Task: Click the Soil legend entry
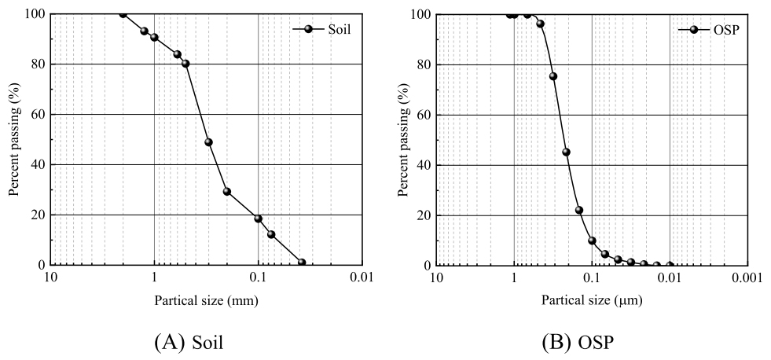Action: (x=321, y=29)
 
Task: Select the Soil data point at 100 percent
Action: (x=123, y=13)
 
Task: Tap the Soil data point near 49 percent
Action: (x=208, y=142)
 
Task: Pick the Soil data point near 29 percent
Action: (x=227, y=192)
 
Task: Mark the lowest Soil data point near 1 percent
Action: (x=302, y=263)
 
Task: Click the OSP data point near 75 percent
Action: (x=553, y=76)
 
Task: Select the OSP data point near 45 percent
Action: (x=566, y=152)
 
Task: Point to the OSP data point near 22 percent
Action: (x=579, y=210)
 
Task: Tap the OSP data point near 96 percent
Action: (x=540, y=24)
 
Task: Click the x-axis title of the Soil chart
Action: (x=207, y=299)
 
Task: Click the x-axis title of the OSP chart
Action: (x=591, y=299)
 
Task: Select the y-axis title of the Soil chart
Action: (x=13, y=139)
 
